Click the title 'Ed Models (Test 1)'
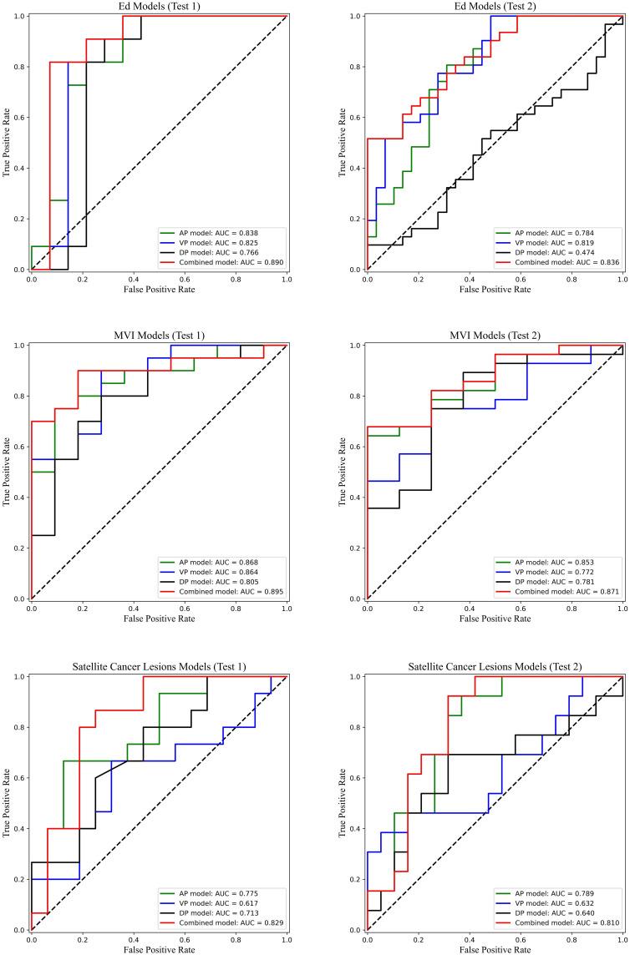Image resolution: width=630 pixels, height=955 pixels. coord(159,6)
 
